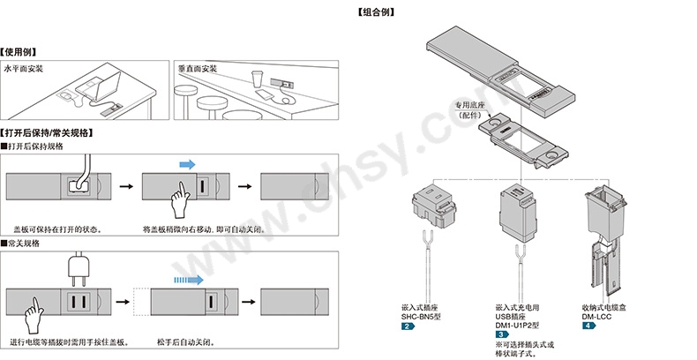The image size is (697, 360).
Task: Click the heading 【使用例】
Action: point(20,53)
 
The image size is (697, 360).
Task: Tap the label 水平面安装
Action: point(25,68)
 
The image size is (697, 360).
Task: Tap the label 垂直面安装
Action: point(197,68)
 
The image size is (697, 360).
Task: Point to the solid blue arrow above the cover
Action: point(187,163)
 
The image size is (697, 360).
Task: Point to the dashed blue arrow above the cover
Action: point(180,279)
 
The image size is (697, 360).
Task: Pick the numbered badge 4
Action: point(588,326)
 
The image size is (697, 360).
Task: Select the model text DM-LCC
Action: point(596,316)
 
